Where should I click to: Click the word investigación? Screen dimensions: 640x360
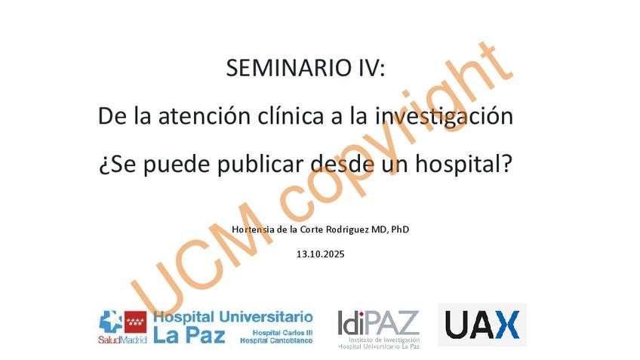point(444,116)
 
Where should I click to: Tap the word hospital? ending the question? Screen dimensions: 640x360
point(463,164)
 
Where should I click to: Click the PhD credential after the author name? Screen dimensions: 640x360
point(399,229)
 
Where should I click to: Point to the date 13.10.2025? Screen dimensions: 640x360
point(321,254)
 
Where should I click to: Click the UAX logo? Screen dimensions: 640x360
point(482,325)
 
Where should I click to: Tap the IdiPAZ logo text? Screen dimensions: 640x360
point(378,323)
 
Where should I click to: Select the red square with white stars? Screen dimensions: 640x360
point(136,322)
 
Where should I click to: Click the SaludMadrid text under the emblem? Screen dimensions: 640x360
point(122,339)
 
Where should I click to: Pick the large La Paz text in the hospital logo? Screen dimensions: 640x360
point(189,334)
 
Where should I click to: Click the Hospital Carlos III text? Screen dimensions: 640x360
point(282,333)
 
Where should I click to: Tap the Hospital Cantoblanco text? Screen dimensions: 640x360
point(276,340)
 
